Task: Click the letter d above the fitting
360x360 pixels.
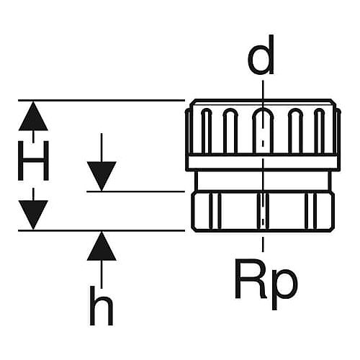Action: (x=261, y=55)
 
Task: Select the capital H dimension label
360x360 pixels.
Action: (x=33, y=161)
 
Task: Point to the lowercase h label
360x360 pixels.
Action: (x=101, y=305)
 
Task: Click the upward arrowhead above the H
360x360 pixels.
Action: (x=33, y=116)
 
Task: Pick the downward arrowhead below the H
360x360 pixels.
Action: (x=33, y=215)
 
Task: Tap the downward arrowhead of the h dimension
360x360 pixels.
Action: (x=102, y=176)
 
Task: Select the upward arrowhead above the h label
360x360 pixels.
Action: (x=102, y=246)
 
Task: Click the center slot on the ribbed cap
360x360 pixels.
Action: (x=263, y=130)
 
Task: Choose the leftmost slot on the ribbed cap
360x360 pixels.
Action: (x=207, y=131)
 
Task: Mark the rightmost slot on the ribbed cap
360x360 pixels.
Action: (x=320, y=131)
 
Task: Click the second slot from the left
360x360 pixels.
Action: (x=230, y=131)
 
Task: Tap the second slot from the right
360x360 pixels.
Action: (x=295, y=131)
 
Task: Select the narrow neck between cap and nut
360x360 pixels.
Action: (x=263, y=181)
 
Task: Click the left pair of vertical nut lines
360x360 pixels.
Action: (x=215, y=211)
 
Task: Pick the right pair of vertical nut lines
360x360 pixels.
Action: (x=311, y=211)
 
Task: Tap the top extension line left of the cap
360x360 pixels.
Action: (x=102, y=100)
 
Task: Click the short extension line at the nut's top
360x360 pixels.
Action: (x=136, y=192)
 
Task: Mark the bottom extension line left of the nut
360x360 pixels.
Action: (x=102, y=230)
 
